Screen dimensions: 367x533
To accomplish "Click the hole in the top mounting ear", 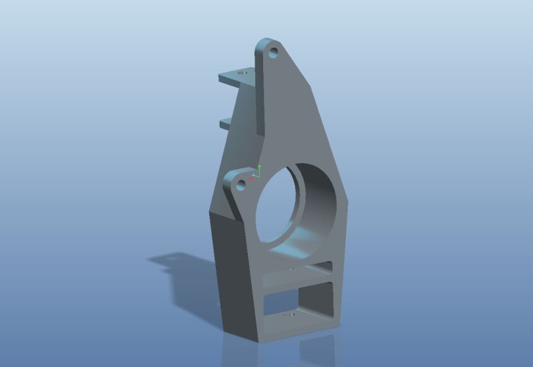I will click(x=274, y=53).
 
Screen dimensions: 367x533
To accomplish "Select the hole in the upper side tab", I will click(x=242, y=71).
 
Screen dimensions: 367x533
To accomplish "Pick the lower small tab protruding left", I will click(x=225, y=121).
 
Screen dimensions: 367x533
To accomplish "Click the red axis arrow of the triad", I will click(x=253, y=179).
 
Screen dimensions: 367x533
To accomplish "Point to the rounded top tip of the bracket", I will click(x=266, y=41).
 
